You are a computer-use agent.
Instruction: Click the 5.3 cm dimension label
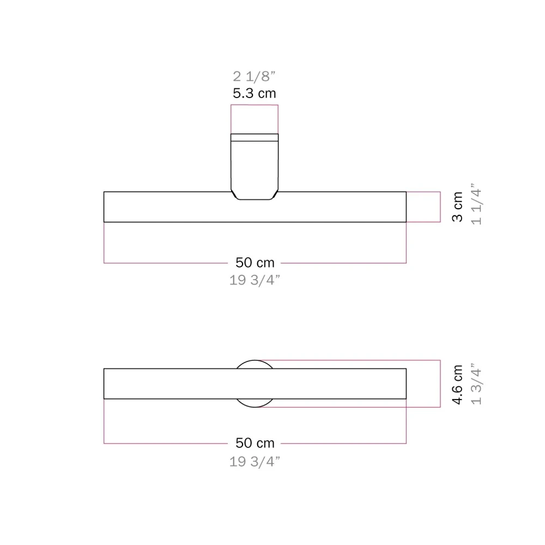pos(255,93)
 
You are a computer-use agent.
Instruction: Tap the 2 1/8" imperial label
pos(254,76)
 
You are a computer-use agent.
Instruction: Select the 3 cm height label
pos(457,207)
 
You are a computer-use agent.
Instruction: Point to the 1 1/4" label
pos(476,204)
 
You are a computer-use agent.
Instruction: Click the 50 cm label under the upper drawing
pos(255,263)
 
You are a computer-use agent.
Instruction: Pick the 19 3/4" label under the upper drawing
pos(255,280)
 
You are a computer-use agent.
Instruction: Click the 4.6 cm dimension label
pos(457,384)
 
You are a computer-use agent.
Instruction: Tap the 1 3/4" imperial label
pos(476,384)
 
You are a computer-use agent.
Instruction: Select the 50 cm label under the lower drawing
pos(255,443)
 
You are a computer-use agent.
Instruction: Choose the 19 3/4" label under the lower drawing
pos(255,462)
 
